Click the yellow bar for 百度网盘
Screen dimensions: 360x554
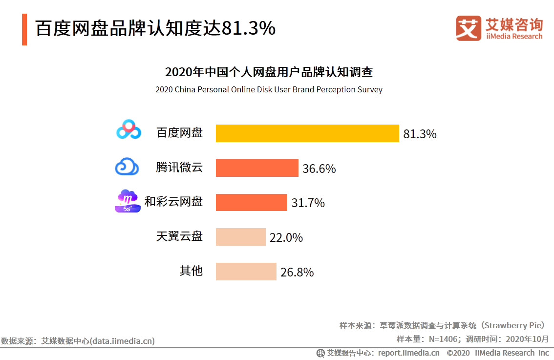pyautogui.click(x=307, y=133)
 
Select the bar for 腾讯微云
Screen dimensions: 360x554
pyautogui.click(x=257, y=168)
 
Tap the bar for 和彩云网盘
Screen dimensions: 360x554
pyautogui.click(x=251, y=202)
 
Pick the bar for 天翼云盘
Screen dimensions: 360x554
pyautogui.click(x=240, y=237)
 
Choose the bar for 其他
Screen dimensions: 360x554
pyautogui.click(x=246, y=272)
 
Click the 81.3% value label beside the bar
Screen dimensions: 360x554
pyautogui.click(x=420, y=134)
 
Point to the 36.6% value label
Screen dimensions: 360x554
pyautogui.click(x=319, y=169)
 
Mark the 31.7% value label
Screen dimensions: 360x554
pyautogui.click(x=308, y=203)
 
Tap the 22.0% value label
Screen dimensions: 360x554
pyautogui.click(x=286, y=238)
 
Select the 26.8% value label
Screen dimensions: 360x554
pyautogui.click(x=297, y=273)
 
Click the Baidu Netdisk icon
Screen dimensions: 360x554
pyautogui.click(x=128, y=130)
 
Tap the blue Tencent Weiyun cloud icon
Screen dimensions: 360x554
pyautogui.click(x=127, y=167)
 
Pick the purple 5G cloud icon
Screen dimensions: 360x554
pyautogui.click(x=128, y=201)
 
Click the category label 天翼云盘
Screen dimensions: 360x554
pyautogui.click(x=179, y=237)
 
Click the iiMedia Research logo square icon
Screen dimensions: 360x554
pyautogui.click(x=469, y=29)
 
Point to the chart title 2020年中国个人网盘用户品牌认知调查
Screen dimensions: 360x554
pyautogui.click(x=269, y=72)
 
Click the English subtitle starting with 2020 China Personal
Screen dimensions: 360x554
pyautogui.click(x=269, y=90)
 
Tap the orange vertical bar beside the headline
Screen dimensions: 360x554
pyautogui.click(x=24, y=30)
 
